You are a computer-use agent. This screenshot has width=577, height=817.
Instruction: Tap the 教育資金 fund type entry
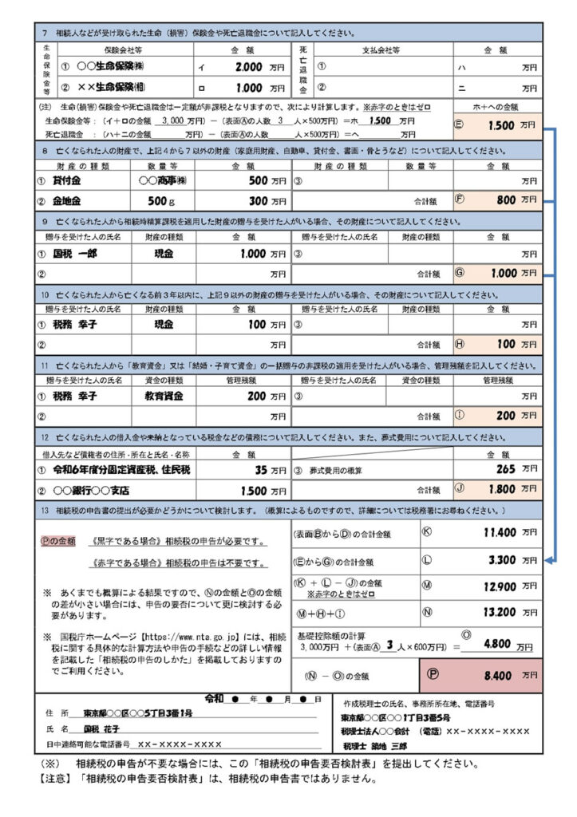(163, 396)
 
